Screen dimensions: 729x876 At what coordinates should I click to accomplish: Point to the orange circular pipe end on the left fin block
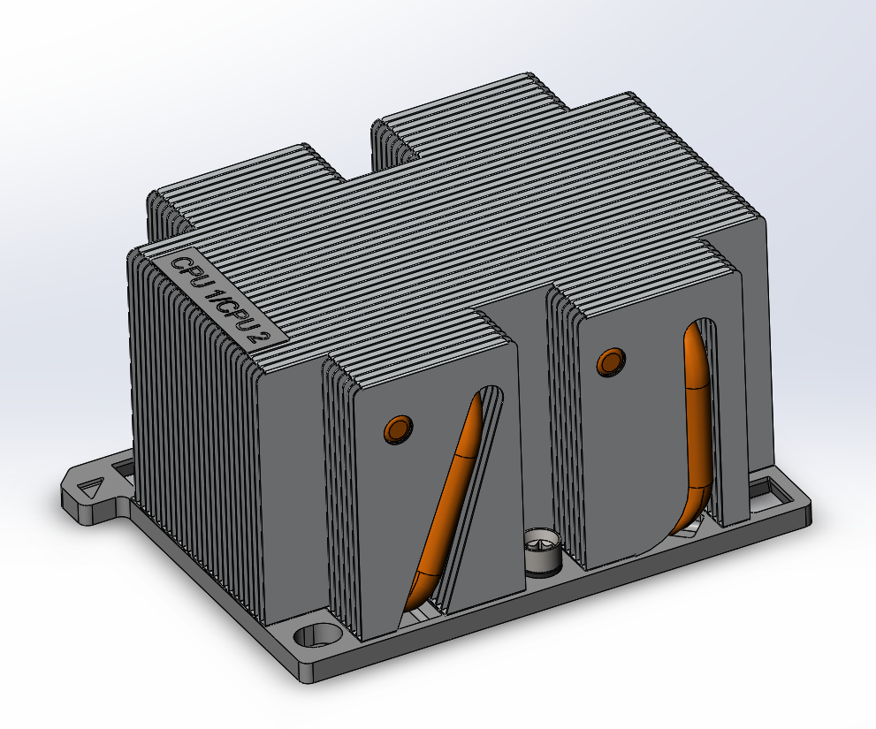pos(397,429)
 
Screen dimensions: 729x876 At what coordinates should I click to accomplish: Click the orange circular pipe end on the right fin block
pos(611,361)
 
